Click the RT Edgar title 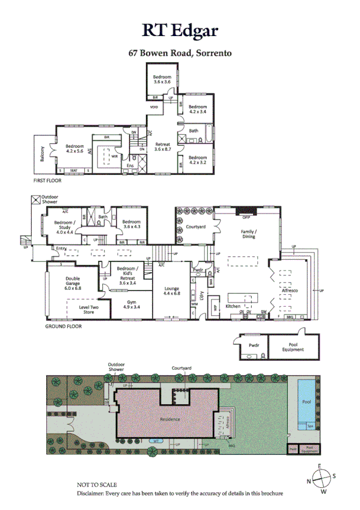pyautogui.click(x=180, y=31)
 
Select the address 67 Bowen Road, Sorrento pyautogui.click(x=180, y=52)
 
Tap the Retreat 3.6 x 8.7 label pyautogui.click(x=163, y=147)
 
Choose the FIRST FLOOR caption pyautogui.click(x=47, y=180)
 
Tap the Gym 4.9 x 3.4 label pyautogui.click(x=131, y=304)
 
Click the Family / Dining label pyautogui.click(x=249, y=234)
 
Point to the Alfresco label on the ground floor pyautogui.click(x=290, y=290)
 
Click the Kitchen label pyautogui.click(x=233, y=306)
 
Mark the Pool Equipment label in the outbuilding pyautogui.click(x=293, y=347)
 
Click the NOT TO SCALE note pyautogui.click(x=97, y=484)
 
